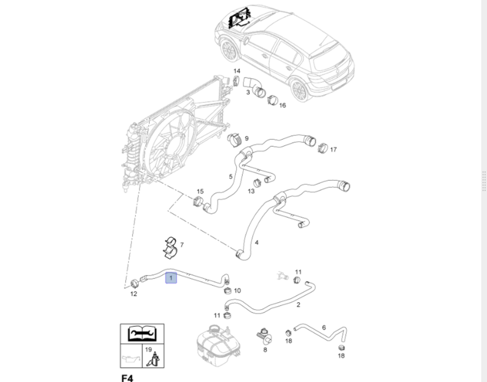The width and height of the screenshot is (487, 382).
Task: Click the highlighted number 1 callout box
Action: (x=171, y=278)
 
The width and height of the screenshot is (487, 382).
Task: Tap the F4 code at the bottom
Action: (x=127, y=378)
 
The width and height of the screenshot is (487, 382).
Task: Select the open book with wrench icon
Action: (x=142, y=334)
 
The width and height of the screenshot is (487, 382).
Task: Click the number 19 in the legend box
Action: (x=148, y=350)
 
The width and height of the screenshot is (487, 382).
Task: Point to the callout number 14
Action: (x=237, y=71)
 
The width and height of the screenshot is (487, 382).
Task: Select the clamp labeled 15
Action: (x=197, y=202)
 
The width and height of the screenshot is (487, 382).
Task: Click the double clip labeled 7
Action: (x=170, y=249)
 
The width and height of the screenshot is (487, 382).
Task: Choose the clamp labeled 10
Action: (x=228, y=290)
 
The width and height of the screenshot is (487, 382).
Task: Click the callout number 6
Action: (x=324, y=327)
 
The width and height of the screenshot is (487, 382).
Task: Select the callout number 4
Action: (x=257, y=242)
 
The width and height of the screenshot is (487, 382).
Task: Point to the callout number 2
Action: (x=298, y=305)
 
